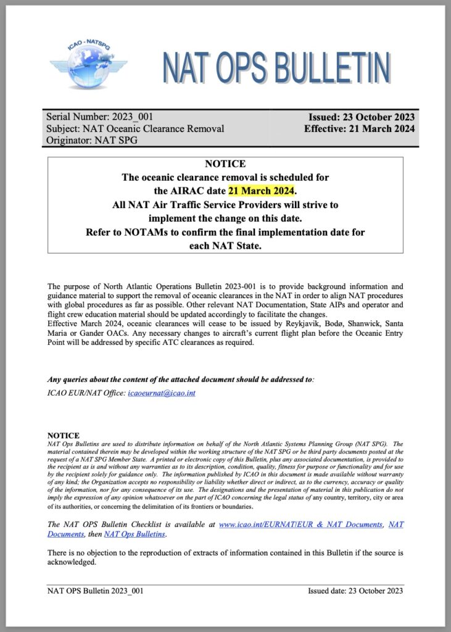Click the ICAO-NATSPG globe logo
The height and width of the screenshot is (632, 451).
[x=88, y=65]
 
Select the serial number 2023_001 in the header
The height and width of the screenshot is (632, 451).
[x=133, y=117]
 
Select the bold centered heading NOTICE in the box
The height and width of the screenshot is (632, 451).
[x=225, y=164]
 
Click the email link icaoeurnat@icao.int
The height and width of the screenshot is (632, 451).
[x=161, y=393]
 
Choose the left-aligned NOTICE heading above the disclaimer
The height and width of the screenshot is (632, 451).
[x=64, y=435]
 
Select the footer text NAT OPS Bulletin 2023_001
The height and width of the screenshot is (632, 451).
[x=96, y=591]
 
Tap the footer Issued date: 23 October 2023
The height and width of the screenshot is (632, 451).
[x=355, y=591]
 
